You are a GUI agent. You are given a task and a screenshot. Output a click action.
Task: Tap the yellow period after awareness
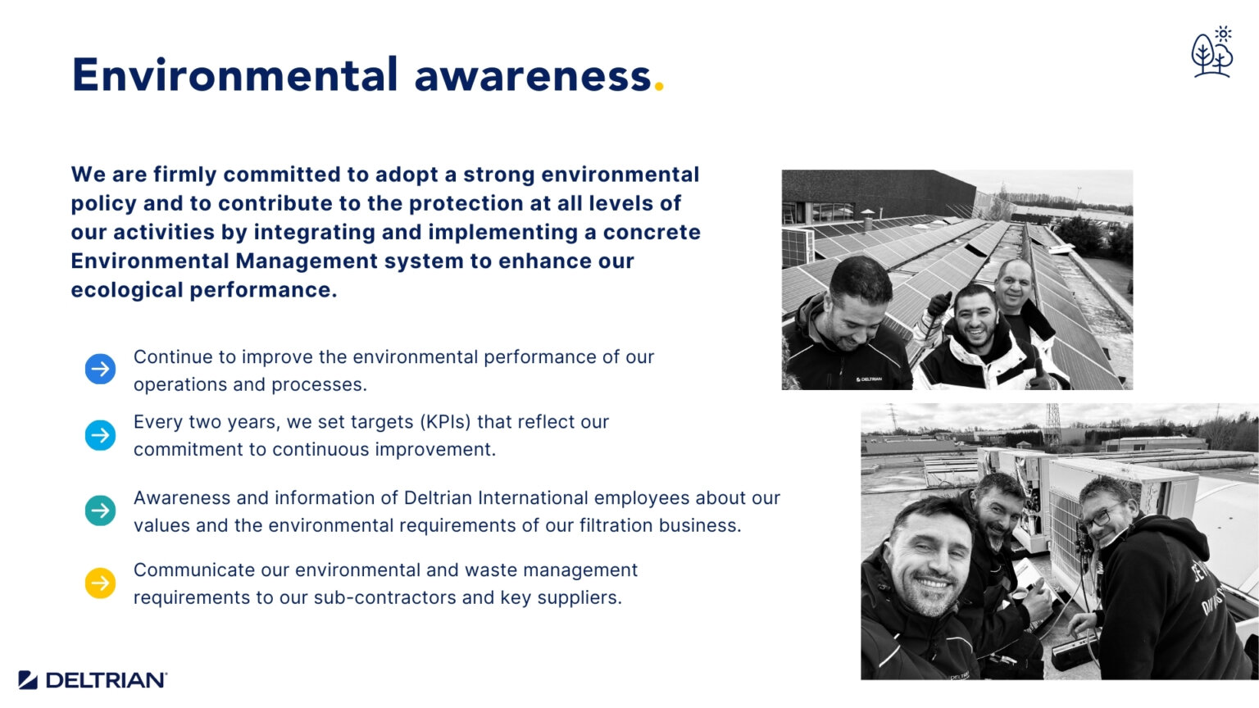(x=659, y=88)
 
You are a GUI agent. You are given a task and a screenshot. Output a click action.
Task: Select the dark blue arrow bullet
(x=101, y=370)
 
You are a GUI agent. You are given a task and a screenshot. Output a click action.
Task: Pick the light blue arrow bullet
(x=101, y=435)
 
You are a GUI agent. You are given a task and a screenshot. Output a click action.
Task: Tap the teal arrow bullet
(x=101, y=511)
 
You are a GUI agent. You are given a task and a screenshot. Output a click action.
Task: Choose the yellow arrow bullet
(x=101, y=583)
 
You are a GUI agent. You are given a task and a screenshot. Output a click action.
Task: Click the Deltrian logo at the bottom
(x=93, y=680)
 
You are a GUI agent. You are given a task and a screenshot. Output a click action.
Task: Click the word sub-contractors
(x=384, y=598)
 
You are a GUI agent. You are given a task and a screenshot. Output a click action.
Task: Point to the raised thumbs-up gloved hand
(x=939, y=304)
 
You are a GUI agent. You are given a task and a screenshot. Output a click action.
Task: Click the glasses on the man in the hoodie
(x=1100, y=518)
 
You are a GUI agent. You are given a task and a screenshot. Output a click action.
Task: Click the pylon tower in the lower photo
(x=1053, y=420)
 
